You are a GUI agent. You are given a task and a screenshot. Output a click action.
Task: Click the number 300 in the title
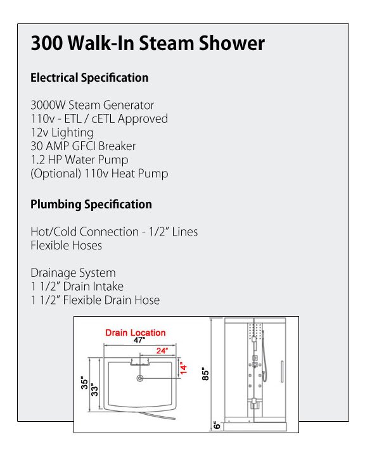click(x=46, y=43)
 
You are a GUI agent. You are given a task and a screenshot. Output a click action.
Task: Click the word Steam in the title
click(x=166, y=43)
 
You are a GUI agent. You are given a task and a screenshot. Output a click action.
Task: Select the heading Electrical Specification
click(x=89, y=78)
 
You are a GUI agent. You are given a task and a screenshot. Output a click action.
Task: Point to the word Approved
click(x=143, y=119)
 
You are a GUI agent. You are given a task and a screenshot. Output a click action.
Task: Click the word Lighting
click(x=72, y=132)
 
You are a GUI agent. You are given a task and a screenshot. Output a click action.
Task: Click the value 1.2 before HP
click(x=37, y=160)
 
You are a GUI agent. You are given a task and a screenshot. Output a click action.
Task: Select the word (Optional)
click(x=56, y=174)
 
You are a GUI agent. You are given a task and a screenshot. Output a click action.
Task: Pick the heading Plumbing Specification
click(x=91, y=205)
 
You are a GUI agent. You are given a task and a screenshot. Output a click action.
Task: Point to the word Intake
click(x=107, y=286)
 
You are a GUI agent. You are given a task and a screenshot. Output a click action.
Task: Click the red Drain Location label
click(x=136, y=332)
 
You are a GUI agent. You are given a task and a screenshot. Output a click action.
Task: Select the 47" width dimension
click(x=139, y=340)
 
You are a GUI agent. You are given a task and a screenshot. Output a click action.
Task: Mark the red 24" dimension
click(x=162, y=351)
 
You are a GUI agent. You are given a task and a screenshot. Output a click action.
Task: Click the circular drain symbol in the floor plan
click(x=140, y=378)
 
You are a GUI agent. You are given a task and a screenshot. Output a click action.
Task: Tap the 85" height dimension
click(x=205, y=374)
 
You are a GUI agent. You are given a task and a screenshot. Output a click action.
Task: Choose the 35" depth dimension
click(x=84, y=383)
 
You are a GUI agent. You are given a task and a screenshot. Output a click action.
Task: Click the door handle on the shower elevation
click(x=282, y=371)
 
